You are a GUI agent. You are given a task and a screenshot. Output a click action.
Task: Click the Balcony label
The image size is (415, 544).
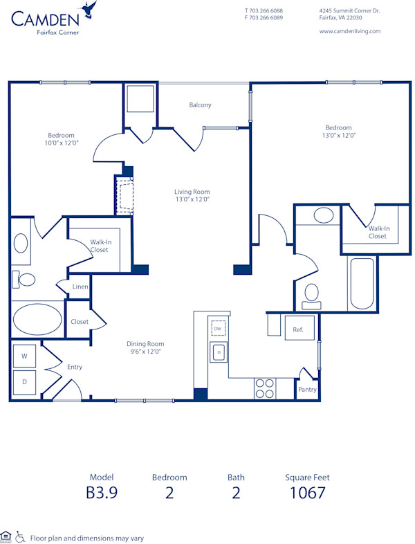click(200, 105)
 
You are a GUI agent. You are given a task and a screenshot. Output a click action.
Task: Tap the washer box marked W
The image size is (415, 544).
click(25, 356)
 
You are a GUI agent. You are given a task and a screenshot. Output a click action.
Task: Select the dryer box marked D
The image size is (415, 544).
click(25, 381)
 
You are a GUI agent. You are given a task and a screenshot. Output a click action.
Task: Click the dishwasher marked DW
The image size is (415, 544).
click(219, 329)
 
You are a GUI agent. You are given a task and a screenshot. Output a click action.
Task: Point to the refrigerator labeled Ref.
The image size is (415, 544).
click(299, 329)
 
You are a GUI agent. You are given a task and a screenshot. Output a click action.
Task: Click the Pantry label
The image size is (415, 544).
click(307, 390)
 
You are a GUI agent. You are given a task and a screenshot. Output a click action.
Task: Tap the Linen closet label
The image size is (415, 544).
click(80, 287)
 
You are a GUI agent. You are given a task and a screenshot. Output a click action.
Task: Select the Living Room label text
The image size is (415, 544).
click(192, 192)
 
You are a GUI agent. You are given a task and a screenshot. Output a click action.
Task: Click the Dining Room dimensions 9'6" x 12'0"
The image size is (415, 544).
click(145, 352)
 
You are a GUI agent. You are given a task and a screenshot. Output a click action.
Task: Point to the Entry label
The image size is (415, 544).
click(75, 367)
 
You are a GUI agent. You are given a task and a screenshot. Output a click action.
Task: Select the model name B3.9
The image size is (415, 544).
click(101, 493)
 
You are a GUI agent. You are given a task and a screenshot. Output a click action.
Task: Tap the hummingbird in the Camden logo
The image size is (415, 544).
click(88, 9)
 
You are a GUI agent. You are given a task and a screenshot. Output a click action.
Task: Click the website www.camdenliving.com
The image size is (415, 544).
click(350, 30)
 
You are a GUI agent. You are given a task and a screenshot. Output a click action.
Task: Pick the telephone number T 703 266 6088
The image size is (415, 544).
click(264, 10)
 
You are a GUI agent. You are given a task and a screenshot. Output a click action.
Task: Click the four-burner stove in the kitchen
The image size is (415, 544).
click(264, 388)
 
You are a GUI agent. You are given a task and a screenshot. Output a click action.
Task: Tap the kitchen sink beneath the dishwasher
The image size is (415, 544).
click(219, 352)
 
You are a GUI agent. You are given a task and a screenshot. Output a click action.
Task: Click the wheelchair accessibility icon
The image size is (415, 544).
click(20, 536)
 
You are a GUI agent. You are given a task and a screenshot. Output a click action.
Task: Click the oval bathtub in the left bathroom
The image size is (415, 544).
click(37, 320)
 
